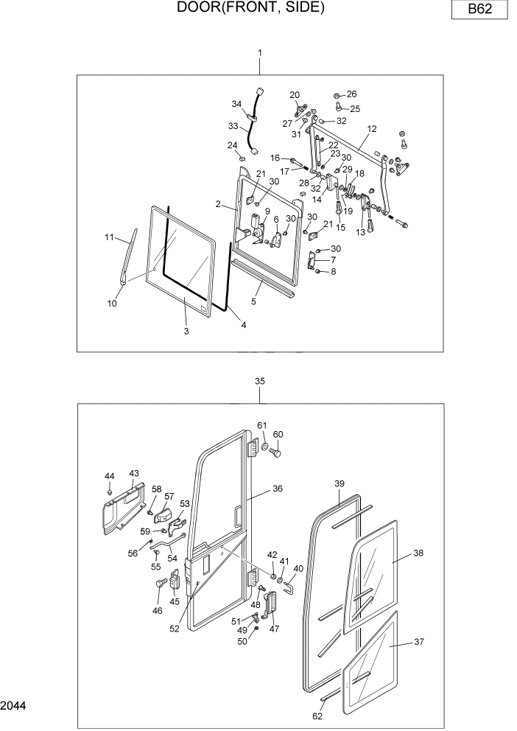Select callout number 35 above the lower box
[259, 381]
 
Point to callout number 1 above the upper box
[259, 53]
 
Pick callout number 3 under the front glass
[186, 332]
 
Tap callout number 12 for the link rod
[371, 129]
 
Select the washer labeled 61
[264, 446]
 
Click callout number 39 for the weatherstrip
[340, 483]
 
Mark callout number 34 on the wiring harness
[237, 103]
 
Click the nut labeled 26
[337, 95]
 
